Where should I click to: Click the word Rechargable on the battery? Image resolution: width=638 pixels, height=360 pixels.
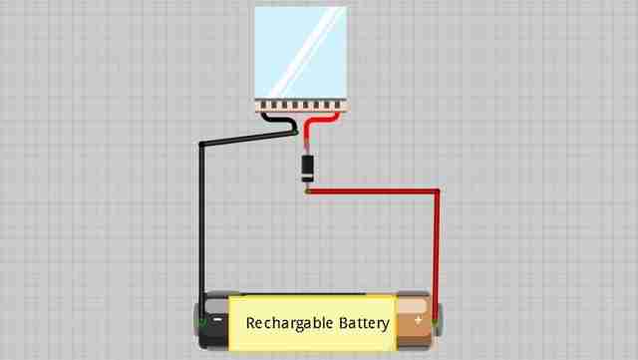tap(289, 323)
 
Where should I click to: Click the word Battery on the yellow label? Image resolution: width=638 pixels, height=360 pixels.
tap(364, 323)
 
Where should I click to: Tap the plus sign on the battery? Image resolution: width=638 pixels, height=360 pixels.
tap(418, 320)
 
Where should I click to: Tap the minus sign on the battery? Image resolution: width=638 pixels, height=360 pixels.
tap(218, 320)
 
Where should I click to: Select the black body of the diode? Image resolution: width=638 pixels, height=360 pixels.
tap(307, 166)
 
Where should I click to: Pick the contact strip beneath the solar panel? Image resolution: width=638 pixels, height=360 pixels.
tap(301, 106)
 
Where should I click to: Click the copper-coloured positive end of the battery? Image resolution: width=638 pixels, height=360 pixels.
tap(414, 321)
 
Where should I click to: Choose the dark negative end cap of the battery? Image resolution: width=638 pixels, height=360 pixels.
tap(212, 321)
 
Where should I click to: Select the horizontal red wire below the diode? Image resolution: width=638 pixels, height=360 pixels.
tap(372, 191)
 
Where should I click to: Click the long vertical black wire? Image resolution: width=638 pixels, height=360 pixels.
tap(201, 232)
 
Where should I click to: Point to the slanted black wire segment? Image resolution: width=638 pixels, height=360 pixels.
tap(248, 138)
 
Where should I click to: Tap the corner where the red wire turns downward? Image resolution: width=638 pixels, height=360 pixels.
tap(437, 191)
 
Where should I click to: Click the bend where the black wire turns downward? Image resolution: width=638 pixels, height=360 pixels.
tap(201, 144)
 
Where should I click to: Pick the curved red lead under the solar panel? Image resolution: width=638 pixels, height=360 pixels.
tap(319, 124)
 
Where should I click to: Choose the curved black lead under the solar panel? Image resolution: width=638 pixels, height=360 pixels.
tap(281, 123)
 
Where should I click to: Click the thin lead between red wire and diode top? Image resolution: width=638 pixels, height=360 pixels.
tap(307, 147)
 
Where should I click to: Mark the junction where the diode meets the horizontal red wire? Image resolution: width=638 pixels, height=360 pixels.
tap(307, 190)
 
